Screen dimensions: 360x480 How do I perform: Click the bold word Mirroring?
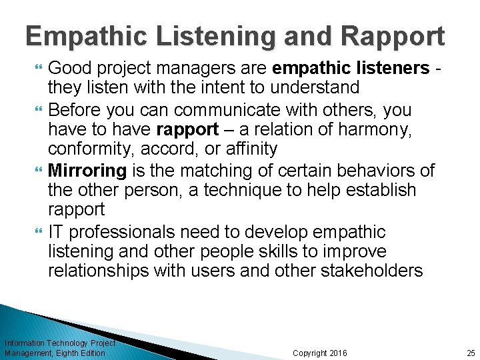coord(87,171)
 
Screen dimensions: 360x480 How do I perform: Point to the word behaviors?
coord(366,171)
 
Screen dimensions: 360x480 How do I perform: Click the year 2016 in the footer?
coord(338,353)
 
